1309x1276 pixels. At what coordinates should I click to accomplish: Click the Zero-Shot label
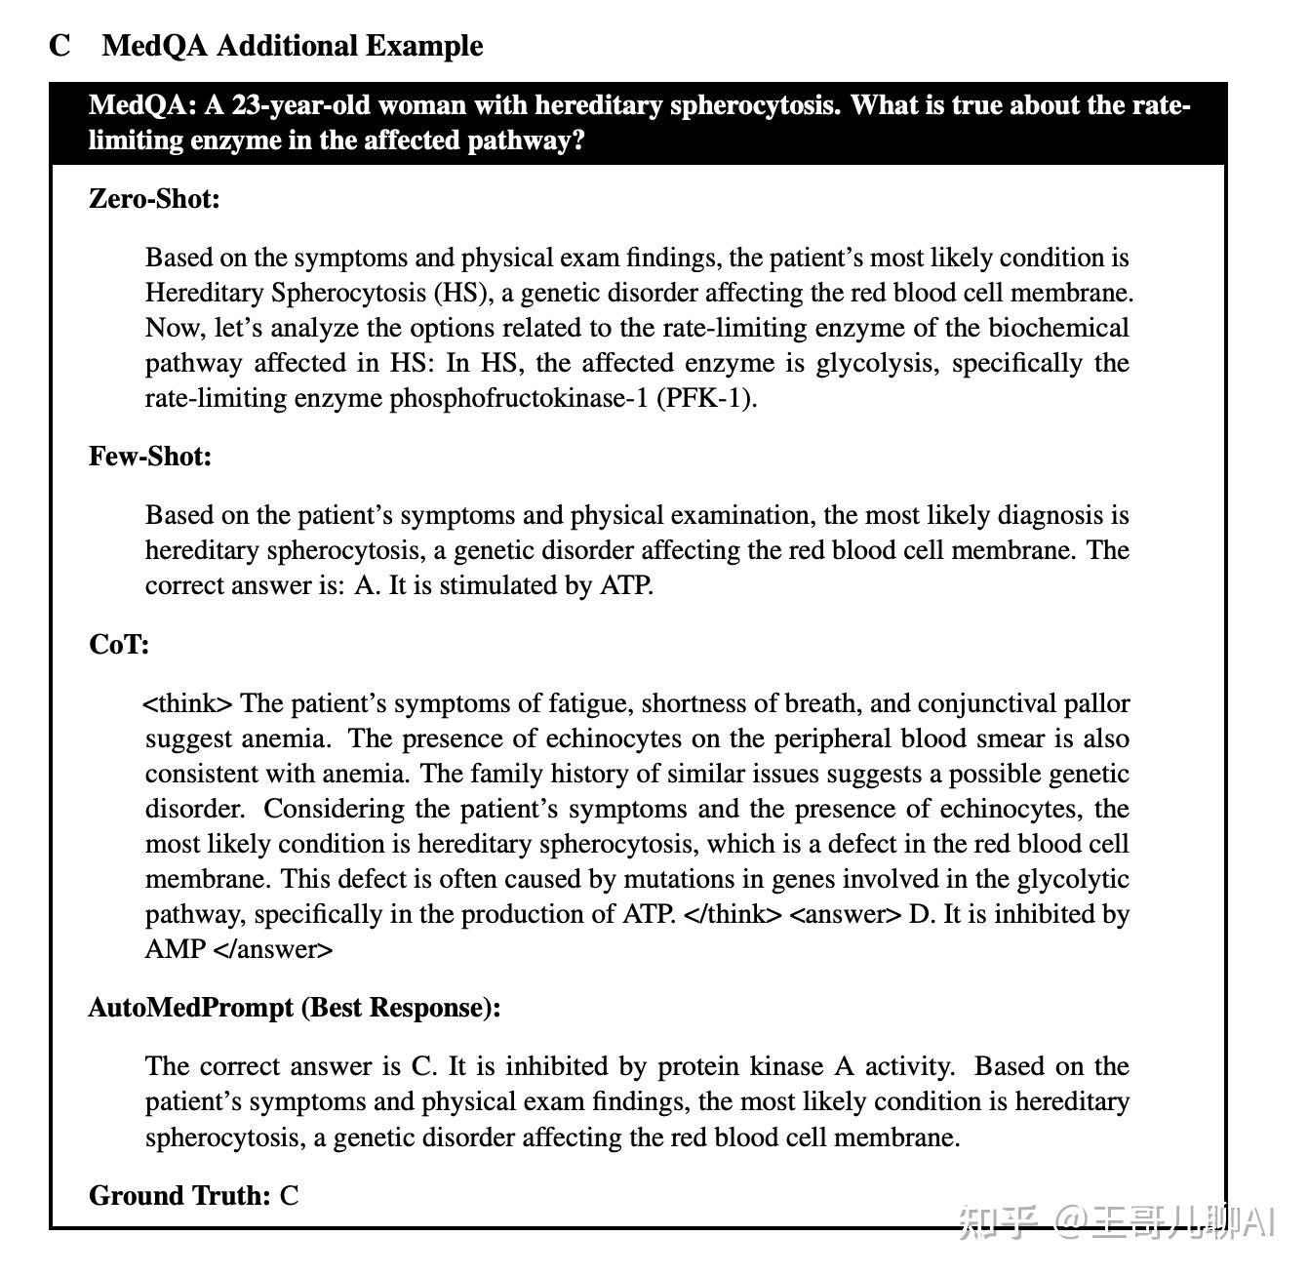154,199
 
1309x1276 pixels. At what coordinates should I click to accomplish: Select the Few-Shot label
150,457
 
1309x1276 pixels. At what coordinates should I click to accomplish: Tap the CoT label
119,645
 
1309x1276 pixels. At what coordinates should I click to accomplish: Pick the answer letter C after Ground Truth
290,1196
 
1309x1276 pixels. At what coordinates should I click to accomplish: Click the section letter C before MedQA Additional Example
59,46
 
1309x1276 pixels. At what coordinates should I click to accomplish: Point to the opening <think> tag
188,703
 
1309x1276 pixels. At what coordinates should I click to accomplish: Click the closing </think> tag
734,914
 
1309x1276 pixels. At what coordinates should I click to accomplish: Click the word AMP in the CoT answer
175,949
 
